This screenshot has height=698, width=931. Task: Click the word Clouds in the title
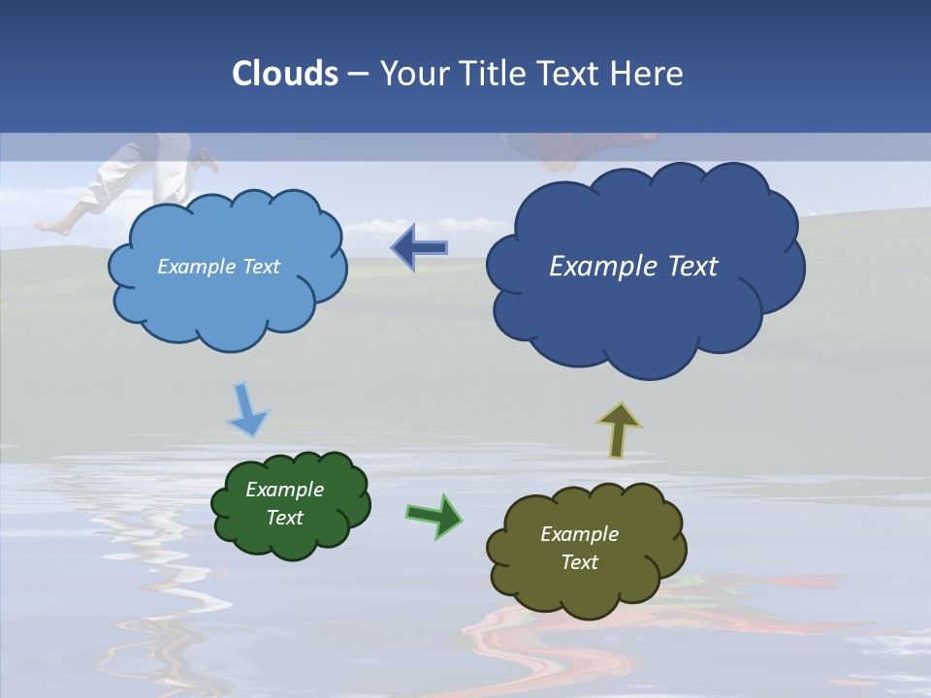pos(285,74)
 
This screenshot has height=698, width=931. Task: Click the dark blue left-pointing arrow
pos(419,248)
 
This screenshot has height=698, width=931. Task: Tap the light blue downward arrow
pos(246,409)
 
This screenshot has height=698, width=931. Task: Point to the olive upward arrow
pos(619,429)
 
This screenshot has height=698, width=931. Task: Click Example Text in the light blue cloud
pos(218,267)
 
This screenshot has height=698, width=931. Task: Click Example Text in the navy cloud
pos(633,267)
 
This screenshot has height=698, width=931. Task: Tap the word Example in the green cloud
pos(284,490)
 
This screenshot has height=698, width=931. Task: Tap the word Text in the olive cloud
pos(579,562)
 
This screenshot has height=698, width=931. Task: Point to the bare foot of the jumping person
pos(53,228)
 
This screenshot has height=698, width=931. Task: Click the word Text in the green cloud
pos(284,518)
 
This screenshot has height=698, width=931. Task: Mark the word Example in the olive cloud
pos(579,534)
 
